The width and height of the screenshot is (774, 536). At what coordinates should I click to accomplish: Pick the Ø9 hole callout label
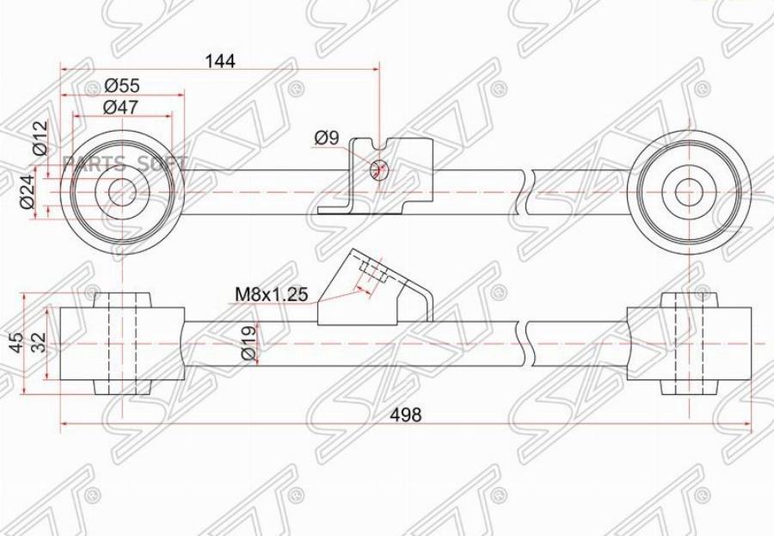tap(328, 137)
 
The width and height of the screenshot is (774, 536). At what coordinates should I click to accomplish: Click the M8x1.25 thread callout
tap(272, 294)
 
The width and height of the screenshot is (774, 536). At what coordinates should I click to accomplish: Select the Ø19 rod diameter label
tap(247, 343)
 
